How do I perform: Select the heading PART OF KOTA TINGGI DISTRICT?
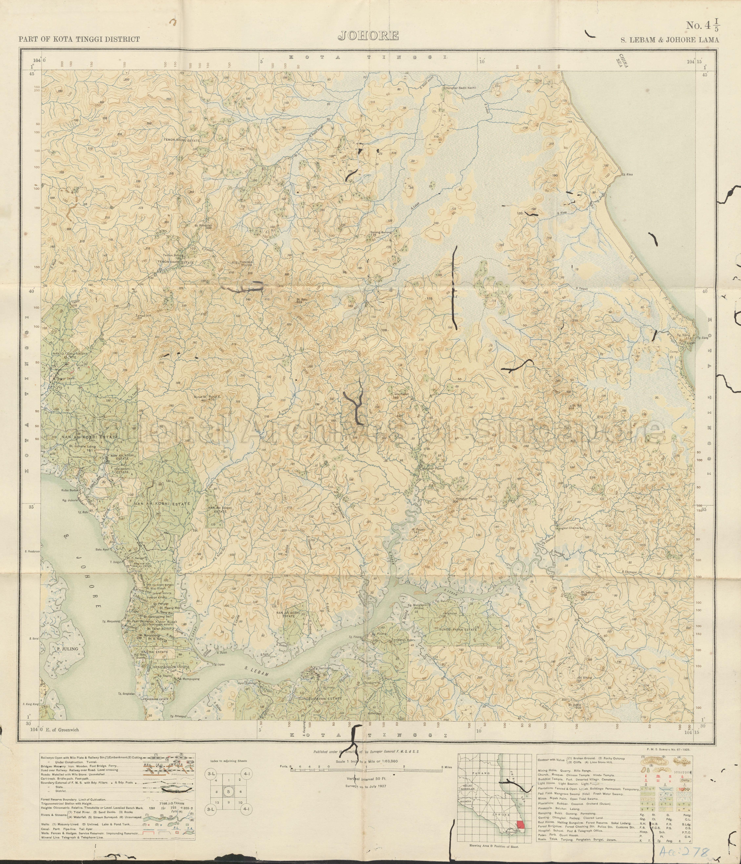tap(79, 39)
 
